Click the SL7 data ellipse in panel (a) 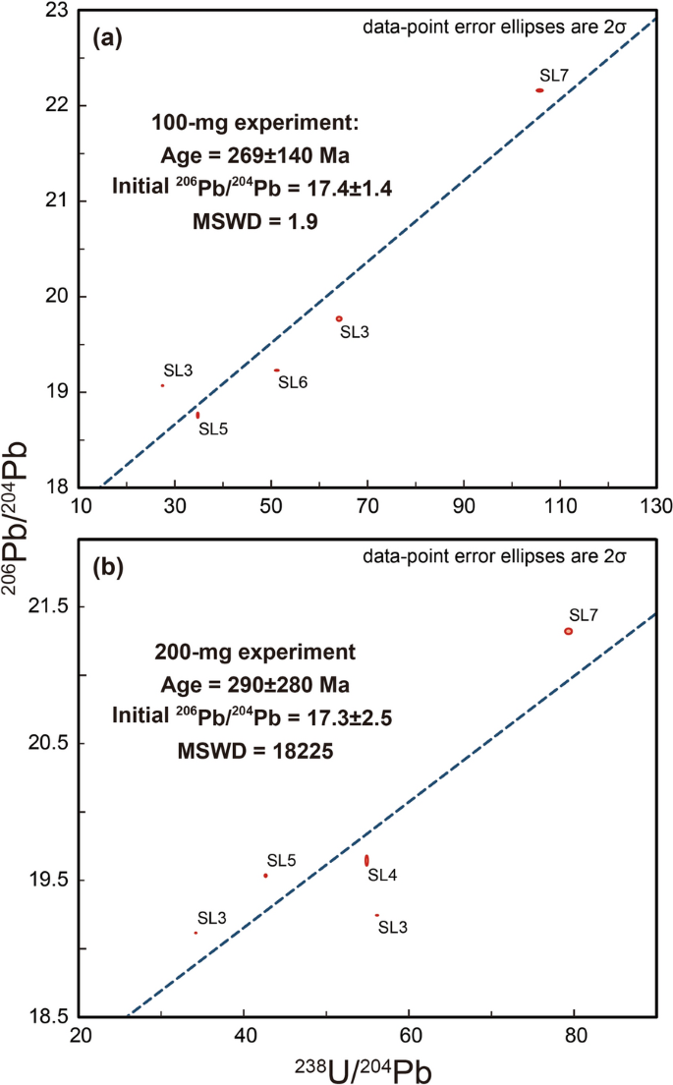point(539,90)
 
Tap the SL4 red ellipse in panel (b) point(366,860)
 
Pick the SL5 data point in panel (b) point(265,876)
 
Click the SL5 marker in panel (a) point(197,416)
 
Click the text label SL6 point(293,382)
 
